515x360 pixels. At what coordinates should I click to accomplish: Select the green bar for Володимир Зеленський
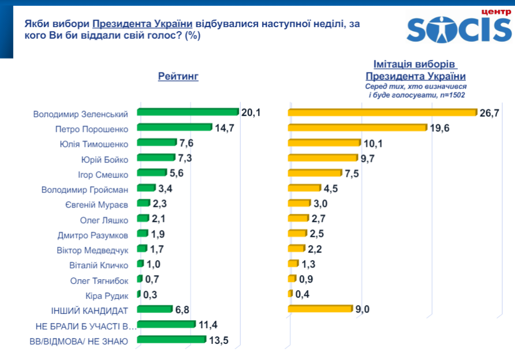(188, 112)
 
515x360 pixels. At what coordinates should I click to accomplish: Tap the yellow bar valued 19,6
(357, 127)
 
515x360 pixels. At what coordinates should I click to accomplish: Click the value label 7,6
(187, 142)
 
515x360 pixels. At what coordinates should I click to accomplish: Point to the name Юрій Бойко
(105, 158)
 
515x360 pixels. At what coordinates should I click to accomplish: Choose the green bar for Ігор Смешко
(151, 173)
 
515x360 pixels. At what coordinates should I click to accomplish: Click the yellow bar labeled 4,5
(304, 188)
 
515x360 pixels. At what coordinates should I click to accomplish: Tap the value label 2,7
(318, 218)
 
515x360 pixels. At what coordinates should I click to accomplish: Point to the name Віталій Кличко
(98, 264)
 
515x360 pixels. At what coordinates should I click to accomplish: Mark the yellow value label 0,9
(306, 279)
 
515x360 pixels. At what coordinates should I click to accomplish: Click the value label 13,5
(218, 340)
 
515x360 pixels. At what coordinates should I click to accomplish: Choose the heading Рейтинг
(178, 76)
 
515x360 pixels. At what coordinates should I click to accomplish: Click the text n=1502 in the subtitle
(452, 95)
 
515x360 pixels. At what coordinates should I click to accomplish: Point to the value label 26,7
(489, 113)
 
